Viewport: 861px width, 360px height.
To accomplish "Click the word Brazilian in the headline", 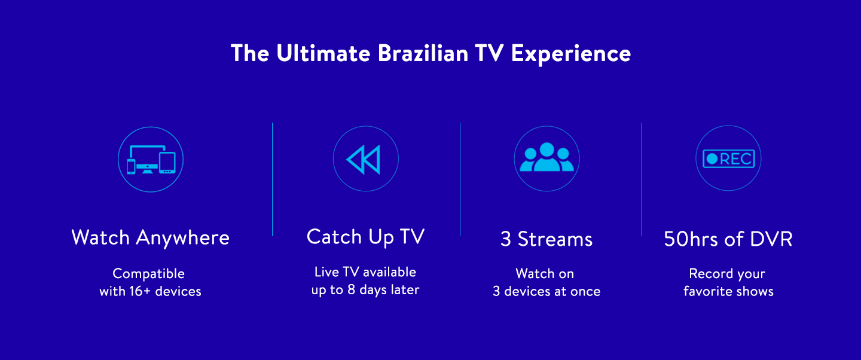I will point(423,53).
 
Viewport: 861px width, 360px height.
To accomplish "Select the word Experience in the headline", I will point(571,54).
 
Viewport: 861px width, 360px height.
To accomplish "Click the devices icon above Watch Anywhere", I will point(150,160).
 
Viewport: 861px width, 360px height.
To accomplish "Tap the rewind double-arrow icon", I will point(365,160).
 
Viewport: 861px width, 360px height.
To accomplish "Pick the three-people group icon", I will point(546,158).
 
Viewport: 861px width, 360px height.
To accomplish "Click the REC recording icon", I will point(728,158).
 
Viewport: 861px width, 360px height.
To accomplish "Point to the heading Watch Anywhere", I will point(150,237).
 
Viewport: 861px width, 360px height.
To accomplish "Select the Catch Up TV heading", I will point(365,237).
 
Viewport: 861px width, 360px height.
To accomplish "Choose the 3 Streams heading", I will point(546,239).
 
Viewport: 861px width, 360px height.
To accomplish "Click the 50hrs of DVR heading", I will point(728,239).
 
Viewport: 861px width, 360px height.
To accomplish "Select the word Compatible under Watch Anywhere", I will point(149,274).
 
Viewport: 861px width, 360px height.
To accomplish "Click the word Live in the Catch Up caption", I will point(326,272).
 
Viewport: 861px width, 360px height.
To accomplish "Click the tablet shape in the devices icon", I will point(167,163).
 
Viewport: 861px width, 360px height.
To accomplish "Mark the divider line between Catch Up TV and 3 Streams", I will point(460,179).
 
